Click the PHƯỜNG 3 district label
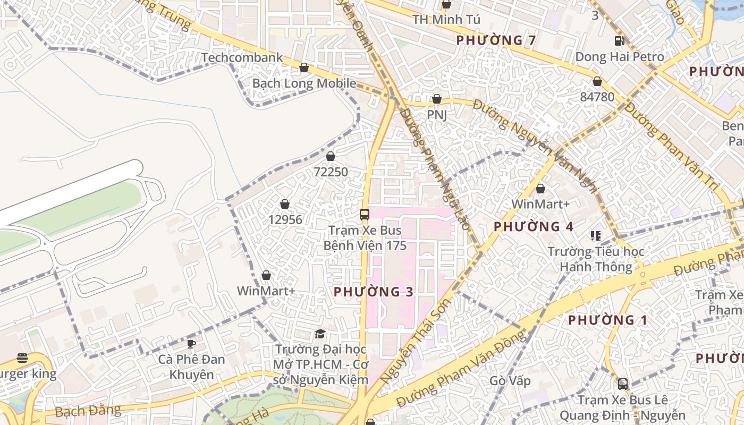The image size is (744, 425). pyautogui.click(x=374, y=292)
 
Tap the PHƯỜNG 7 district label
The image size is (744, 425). pyautogui.click(x=496, y=40)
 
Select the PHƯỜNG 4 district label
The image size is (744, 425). pyautogui.click(x=533, y=227)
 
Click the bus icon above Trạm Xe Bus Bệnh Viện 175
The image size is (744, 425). pyautogui.click(x=365, y=215)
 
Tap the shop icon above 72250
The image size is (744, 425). pyautogui.click(x=331, y=156)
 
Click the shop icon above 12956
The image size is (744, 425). pyautogui.click(x=285, y=204)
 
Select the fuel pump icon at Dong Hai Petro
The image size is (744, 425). pyautogui.click(x=619, y=40)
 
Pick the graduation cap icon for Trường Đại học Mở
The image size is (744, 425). pyautogui.click(x=320, y=334)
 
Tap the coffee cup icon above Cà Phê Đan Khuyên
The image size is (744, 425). pyautogui.click(x=191, y=344)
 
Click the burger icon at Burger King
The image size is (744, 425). pyautogui.click(x=22, y=358)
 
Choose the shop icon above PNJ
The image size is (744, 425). pyautogui.click(x=437, y=99)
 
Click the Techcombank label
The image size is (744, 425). pyautogui.click(x=242, y=57)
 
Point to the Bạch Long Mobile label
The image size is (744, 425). pyautogui.click(x=304, y=83)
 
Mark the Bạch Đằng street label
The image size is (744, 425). pyautogui.click(x=88, y=411)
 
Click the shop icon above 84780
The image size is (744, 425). pyautogui.click(x=597, y=81)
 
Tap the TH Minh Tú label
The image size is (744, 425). pyautogui.click(x=446, y=20)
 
